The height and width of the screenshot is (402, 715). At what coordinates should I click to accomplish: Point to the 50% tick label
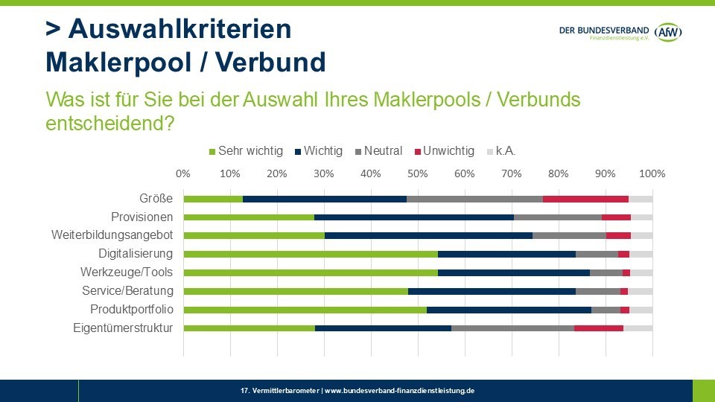[x=418, y=173]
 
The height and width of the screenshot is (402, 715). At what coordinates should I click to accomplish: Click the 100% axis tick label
[x=652, y=173]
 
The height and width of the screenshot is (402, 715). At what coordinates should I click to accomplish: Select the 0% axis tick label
[x=183, y=173]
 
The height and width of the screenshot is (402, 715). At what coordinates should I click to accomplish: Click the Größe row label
[x=156, y=199]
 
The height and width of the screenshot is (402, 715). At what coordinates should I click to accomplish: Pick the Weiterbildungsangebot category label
[x=112, y=235]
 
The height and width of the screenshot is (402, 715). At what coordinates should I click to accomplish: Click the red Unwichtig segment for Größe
[x=585, y=199]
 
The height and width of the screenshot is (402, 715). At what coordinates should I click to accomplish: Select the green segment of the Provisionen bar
[x=249, y=217]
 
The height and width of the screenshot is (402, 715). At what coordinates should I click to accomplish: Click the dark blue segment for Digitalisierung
[x=506, y=254]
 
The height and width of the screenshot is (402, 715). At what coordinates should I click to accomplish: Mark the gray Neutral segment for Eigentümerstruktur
[x=512, y=328]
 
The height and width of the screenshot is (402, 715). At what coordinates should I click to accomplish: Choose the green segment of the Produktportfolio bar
[x=305, y=309]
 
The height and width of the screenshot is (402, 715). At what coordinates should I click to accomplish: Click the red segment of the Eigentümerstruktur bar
[x=599, y=328]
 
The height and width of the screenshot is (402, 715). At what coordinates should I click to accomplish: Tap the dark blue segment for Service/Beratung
[x=492, y=291]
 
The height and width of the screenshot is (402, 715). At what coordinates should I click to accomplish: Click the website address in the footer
[x=400, y=390]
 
